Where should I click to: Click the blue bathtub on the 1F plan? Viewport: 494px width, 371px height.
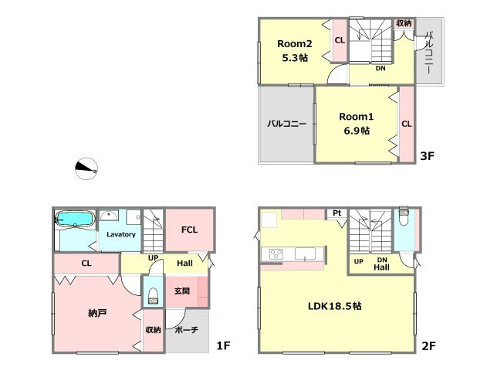75,219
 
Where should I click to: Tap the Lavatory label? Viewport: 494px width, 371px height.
121,234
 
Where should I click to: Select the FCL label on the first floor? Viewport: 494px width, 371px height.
189,230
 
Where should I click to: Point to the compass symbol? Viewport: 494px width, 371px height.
86,168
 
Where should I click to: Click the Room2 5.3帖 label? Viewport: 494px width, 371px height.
295,50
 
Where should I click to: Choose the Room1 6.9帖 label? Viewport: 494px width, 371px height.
357,124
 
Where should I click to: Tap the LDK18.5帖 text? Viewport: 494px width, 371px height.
334,306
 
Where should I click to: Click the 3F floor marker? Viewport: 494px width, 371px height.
427,155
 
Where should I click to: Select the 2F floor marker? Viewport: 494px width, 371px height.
429,346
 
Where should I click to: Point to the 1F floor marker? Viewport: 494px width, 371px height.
223,345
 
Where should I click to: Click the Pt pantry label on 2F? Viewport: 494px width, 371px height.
337,213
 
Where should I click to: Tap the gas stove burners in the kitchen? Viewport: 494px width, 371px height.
276,254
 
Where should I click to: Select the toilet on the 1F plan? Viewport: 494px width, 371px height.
153,296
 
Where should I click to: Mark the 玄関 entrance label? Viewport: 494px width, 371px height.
182,291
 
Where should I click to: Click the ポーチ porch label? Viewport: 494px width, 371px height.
186,330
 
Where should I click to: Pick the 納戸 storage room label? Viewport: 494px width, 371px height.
97,313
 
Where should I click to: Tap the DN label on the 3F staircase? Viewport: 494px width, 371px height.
381,68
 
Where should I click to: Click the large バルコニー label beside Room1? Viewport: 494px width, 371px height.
286,124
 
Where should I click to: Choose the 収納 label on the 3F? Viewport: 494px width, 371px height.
404,23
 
